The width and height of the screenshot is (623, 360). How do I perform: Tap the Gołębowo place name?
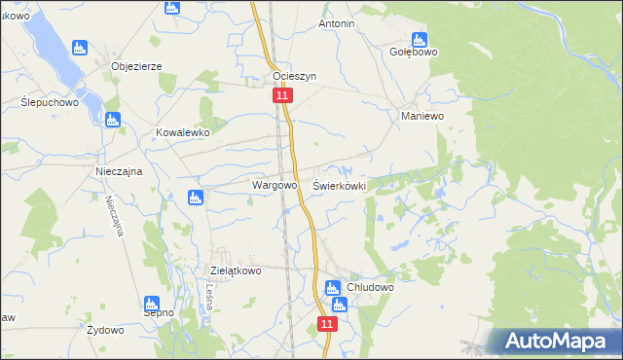414,53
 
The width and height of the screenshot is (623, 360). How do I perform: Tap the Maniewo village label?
422,115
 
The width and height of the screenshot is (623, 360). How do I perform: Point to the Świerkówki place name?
339,184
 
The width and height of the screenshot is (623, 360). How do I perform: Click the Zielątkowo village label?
237,271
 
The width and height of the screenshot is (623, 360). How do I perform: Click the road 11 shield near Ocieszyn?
281,96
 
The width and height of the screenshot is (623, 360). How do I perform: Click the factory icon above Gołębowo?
419,40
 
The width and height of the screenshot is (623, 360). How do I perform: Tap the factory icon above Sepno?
152,303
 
